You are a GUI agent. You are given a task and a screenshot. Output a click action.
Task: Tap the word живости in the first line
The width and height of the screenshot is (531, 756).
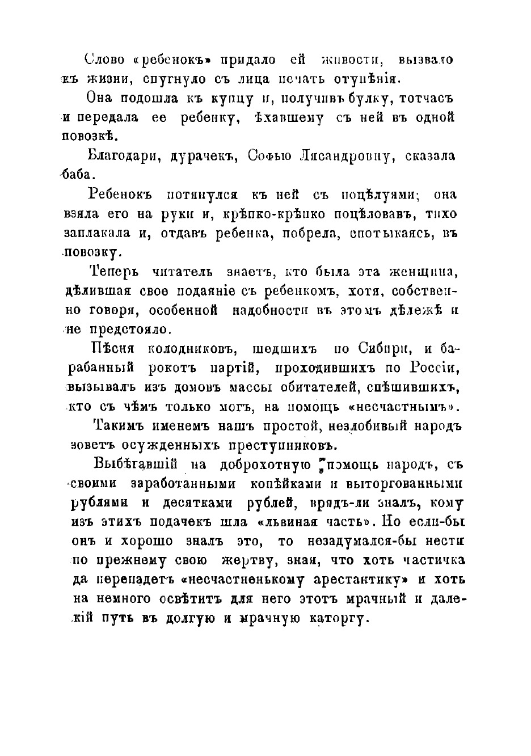coord(346,59)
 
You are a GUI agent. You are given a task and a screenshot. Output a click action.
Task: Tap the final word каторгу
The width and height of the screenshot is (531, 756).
coord(335,618)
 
